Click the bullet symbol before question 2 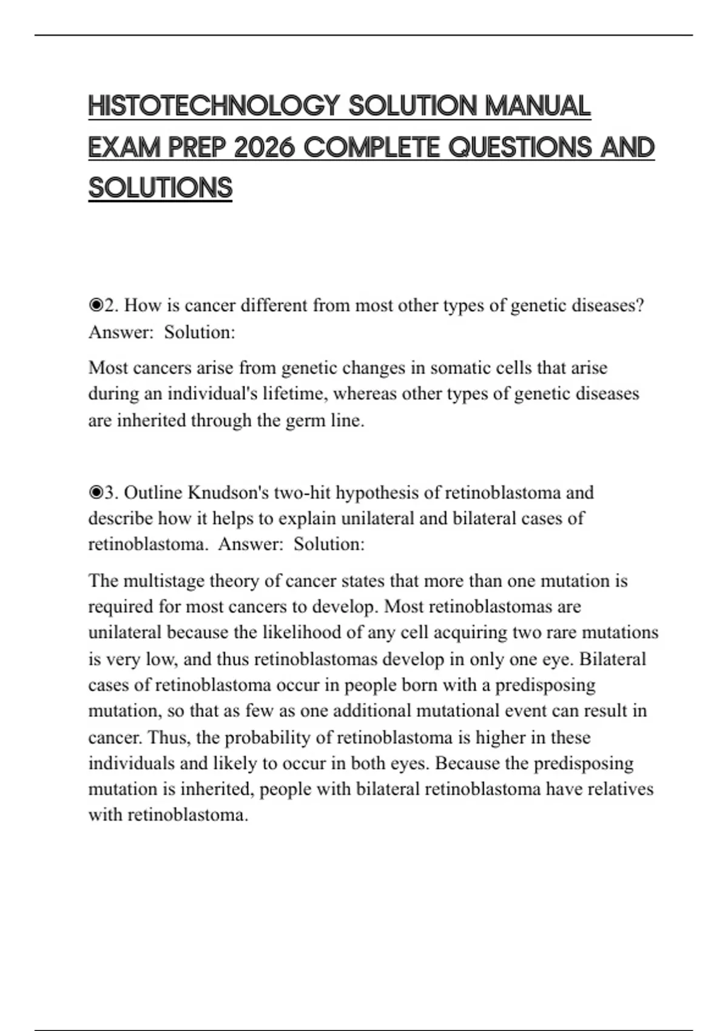pyautogui.click(x=95, y=305)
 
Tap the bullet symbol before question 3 pyautogui.click(x=95, y=492)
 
